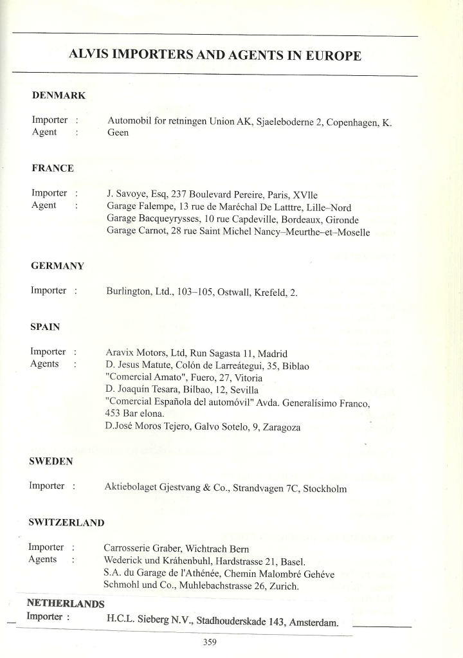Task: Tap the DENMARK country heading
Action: coord(59,95)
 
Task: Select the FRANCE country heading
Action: coord(52,168)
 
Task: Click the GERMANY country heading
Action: coord(57,266)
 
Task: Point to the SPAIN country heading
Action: coord(45,327)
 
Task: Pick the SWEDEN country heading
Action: coord(50,461)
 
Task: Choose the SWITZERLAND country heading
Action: coord(66,522)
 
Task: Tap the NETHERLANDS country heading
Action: coord(65,603)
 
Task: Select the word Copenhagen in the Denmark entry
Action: coord(353,120)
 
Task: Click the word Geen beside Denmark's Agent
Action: coord(118,133)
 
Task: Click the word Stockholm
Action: coord(325,489)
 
